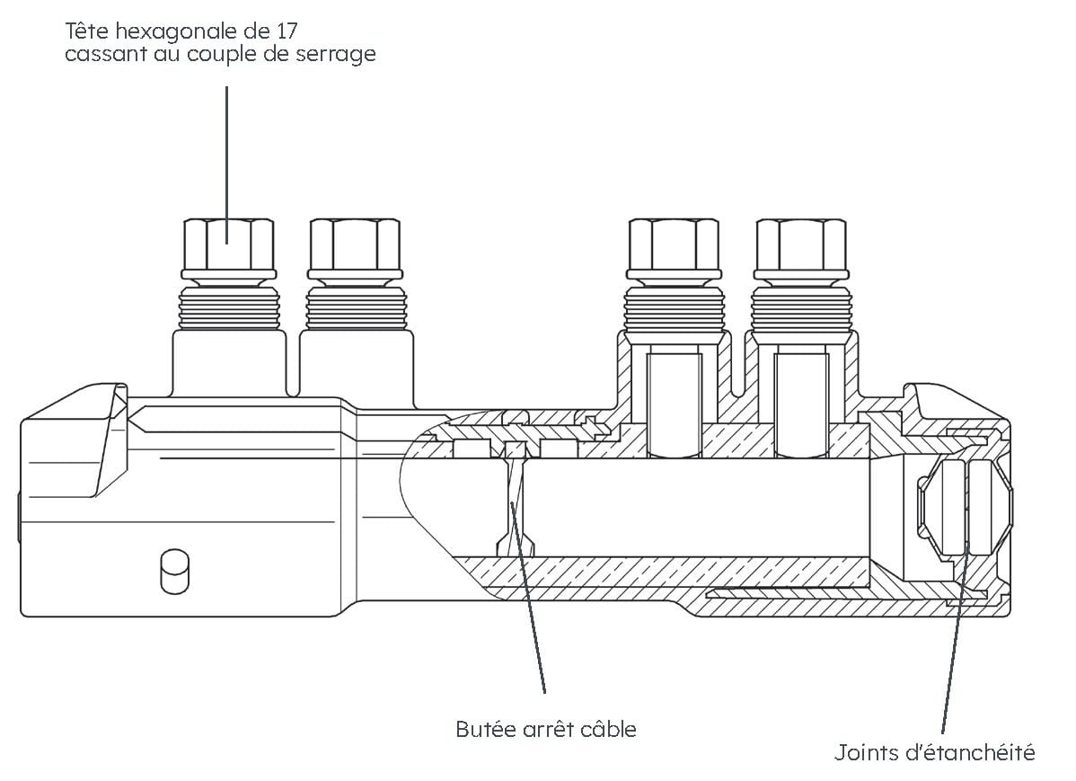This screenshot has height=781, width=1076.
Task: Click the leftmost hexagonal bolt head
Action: click(228, 244)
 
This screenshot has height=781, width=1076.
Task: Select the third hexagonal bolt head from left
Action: click(673, 244)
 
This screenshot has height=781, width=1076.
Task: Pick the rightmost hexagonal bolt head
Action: click(800, 244)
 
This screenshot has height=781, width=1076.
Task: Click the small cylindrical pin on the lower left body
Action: click(174, 572)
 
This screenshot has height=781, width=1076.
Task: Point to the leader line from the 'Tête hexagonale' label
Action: click(226, 153)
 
